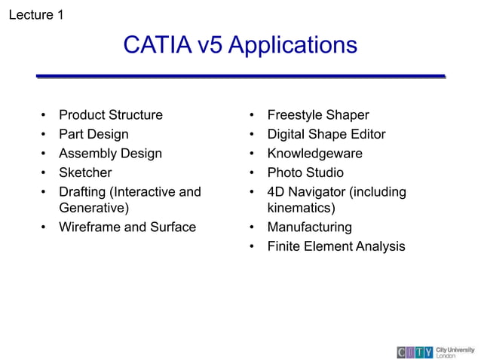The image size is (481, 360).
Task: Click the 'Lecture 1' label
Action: [x=35, y=14]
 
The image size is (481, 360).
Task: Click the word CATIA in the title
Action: [x=158, y=45]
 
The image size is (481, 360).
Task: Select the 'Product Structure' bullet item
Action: [x=110, y=115]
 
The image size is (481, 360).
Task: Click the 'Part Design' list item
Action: [x=93, y=135]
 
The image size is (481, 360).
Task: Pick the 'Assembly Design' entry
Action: [x=110, y=154]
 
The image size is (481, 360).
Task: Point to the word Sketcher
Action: [x=85, y=173]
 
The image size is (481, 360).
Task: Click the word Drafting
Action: [x=83, y=192]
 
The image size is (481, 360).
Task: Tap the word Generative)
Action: [x=94, y=207]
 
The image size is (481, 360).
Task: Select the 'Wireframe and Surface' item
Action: [x=127, y=227]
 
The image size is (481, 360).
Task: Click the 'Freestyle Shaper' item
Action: [x=318, y=115]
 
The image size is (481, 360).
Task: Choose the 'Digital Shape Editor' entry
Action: [x=326, y=135]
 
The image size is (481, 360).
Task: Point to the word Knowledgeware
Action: [x=315, y=154]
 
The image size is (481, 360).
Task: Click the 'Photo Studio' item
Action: [x=305, y=173]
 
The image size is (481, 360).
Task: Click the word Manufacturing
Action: [x=309, y=227]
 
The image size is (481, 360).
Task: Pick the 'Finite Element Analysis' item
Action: [x=336, y=246]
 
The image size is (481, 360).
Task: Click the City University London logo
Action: [x=436, y=352]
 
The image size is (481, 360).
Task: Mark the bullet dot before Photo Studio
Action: [x=252, y=173]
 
